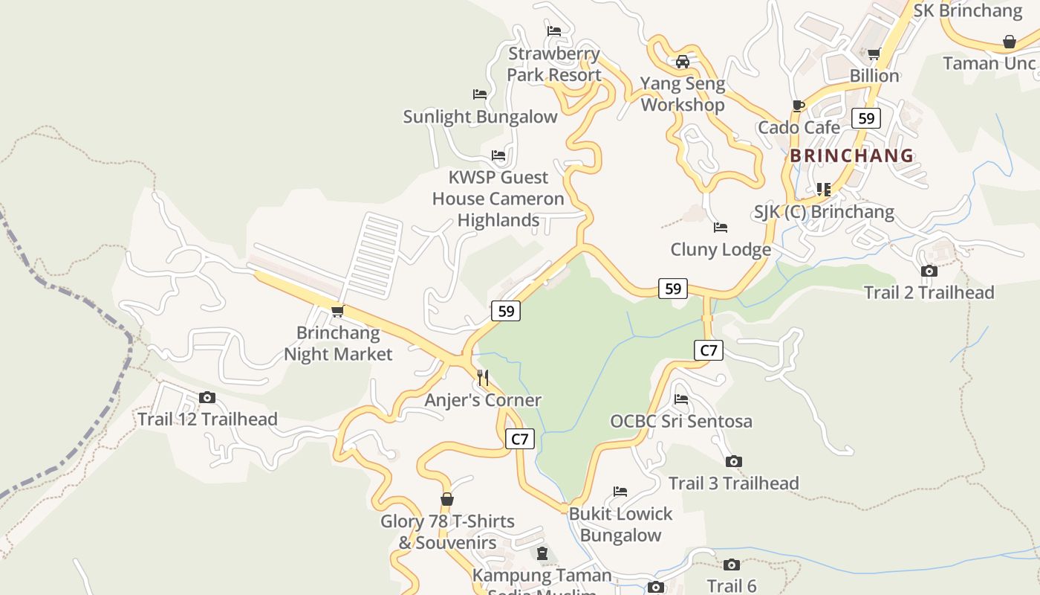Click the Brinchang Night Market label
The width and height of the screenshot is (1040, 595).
(338, 343)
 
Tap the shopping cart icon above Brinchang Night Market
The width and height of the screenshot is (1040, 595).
(338, 311)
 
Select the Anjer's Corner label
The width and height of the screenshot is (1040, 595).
(483, 400)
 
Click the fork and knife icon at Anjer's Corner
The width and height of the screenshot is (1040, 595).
(483, 378)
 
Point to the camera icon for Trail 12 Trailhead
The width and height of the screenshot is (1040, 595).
(207, 398)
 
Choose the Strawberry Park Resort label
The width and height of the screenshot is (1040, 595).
(554, 65)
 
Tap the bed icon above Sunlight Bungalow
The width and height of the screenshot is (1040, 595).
(480, 94)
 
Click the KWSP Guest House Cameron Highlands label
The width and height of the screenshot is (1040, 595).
(498, 199)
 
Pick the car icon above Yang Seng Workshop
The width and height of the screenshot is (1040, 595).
(683, 62)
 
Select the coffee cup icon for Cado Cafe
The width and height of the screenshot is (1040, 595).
(799, 106)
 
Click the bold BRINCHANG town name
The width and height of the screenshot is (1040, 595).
(851, 156)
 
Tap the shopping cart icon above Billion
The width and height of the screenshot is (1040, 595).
(874, 54)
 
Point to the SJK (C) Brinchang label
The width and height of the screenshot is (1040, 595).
(824, 212)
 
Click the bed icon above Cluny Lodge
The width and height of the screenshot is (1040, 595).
(720, 228)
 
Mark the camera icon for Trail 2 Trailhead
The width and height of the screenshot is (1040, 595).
(929, 271)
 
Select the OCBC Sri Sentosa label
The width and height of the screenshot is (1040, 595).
(681, 421)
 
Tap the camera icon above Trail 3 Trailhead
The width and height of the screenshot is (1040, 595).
(733, 462)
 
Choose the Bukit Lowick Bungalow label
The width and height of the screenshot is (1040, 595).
(620, 524)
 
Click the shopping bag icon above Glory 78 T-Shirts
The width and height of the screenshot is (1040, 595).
(447, 499)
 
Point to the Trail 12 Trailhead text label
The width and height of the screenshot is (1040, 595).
(207, 419)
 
